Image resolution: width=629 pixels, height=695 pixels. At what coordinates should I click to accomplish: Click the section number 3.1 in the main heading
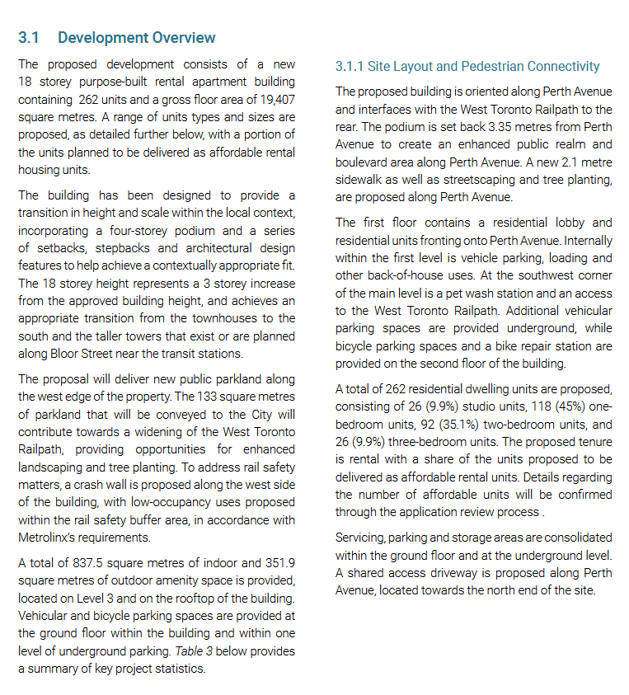point(29,38)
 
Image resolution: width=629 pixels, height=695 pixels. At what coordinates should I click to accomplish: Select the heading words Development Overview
point(137,38)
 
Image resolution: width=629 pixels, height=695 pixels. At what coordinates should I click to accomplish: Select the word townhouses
point(220,317)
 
